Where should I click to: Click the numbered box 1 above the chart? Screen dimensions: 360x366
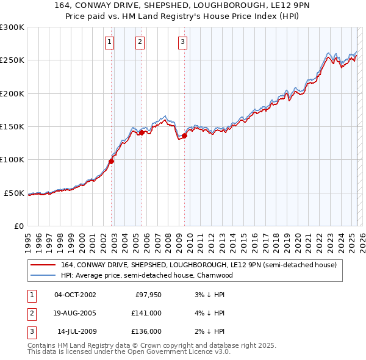(x=109, y=42)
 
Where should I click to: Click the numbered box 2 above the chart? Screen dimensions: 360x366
(x=140, y=42)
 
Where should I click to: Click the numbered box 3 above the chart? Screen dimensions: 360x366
(x=182, y=42)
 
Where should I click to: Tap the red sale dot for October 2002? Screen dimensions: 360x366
(x=112, y=161)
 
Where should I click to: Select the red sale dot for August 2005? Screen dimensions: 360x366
(x=142, y=132)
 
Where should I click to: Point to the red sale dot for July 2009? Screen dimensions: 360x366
(x=184, y=135)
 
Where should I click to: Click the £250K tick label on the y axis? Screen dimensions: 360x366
(x=12, y=60)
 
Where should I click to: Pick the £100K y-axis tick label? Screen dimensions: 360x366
(x=12, y=160)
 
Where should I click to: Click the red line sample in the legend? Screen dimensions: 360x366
(x=43, y=265)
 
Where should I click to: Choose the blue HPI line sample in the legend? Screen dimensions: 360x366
(x=43, y=275)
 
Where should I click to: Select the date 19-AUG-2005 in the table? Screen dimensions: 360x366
(x=75, y=313)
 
